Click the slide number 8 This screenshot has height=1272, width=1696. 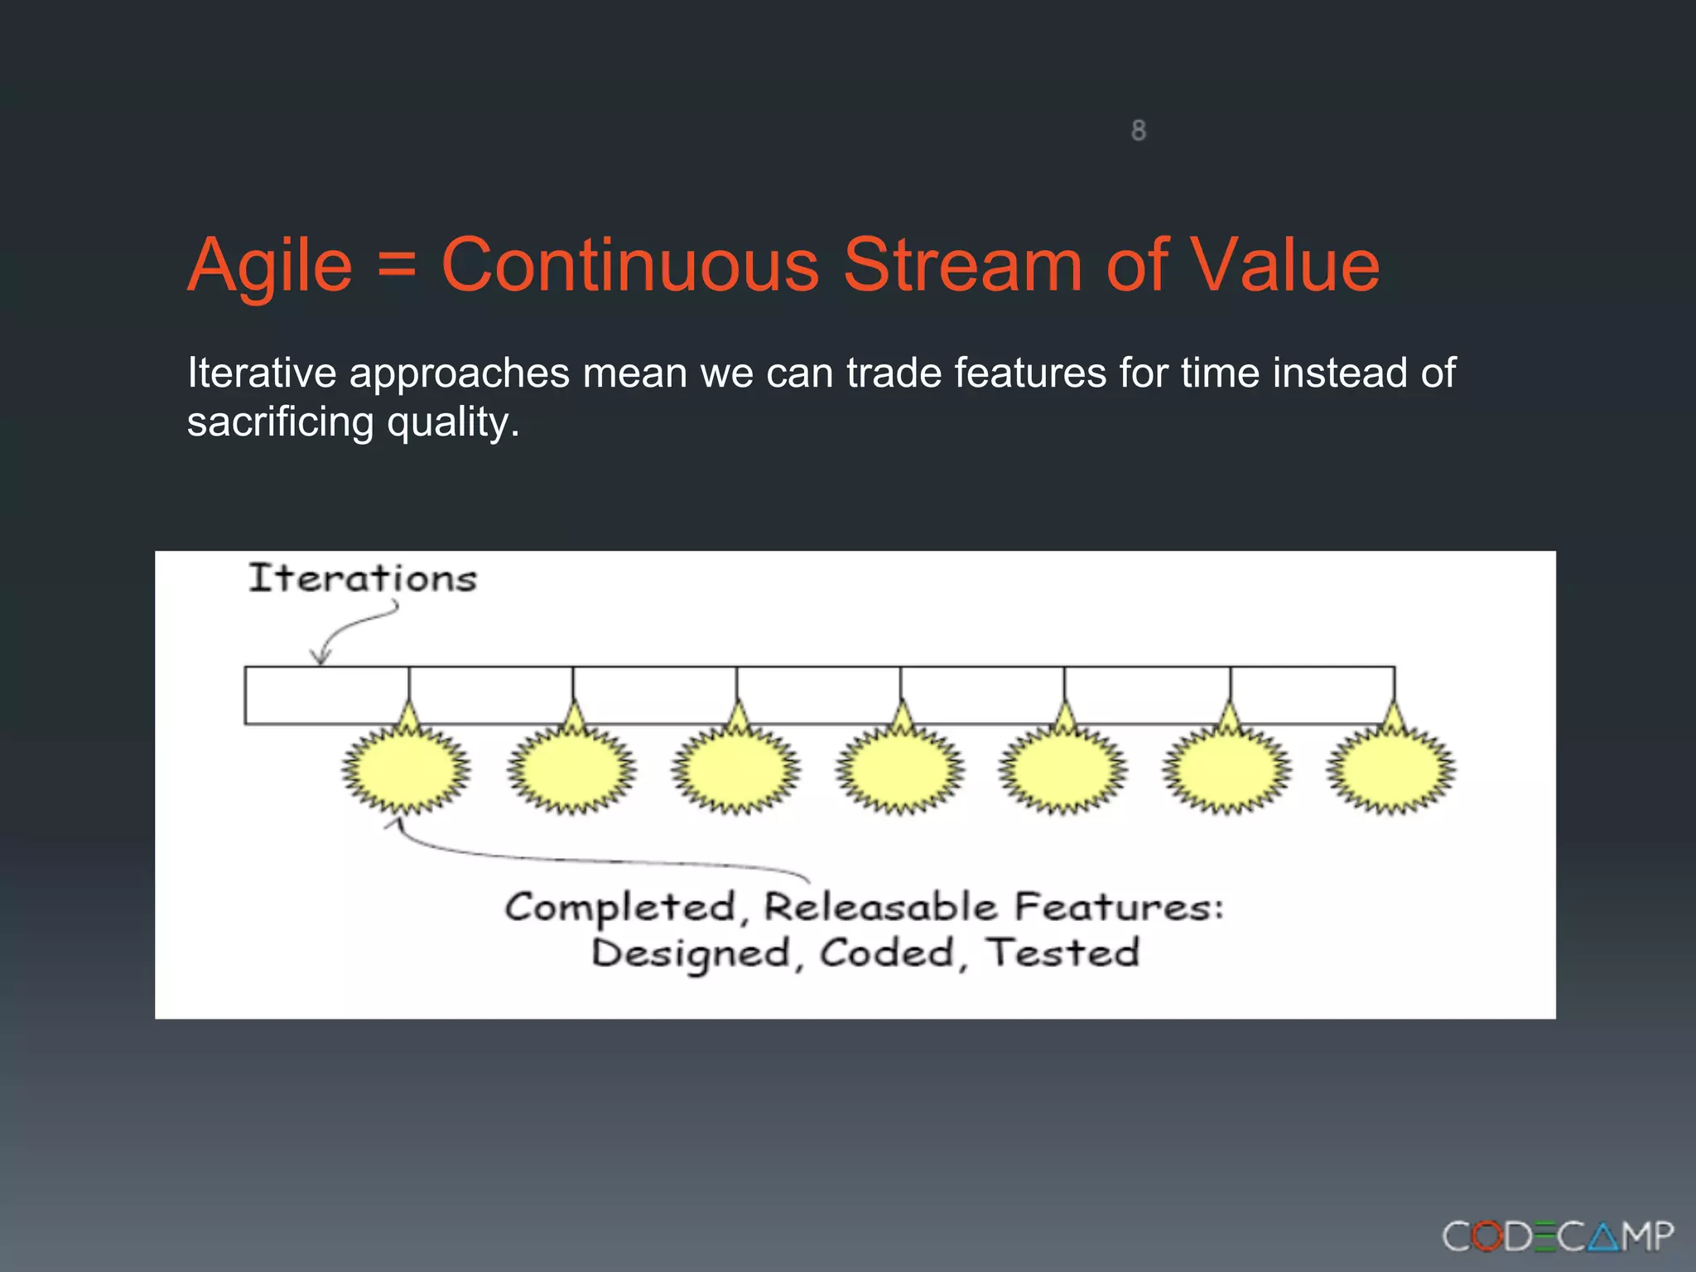[x=1139, y=130]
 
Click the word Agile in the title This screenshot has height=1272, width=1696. [x=270, y=267]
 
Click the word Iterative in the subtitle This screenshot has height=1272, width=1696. [x=262, y=373]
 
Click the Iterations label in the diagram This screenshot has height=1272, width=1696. [x=363, y=578]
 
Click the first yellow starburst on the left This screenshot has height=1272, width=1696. [x=406, y=770]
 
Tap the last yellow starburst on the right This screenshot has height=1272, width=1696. [x=1391, y=770]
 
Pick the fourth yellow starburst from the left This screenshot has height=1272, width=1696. [x=899, y=770]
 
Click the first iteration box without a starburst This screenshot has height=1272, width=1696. [x=326, y=695]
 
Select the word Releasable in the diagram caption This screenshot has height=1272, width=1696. [x=879, y=907]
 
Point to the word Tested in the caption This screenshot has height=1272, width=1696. [x=1063, y=952]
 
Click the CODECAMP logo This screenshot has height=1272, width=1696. [x=1557, y=1237]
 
